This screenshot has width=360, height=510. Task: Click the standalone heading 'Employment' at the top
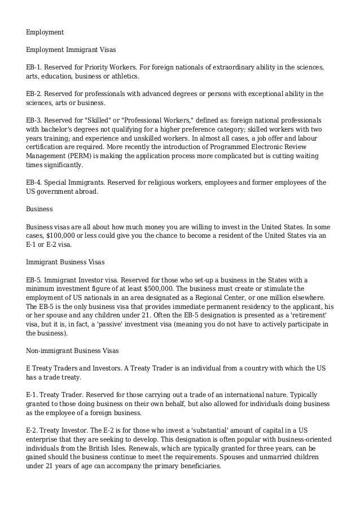pyautogui.click(x=45, y=32)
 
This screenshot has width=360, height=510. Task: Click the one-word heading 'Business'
pyautogui.click(x=39, y=209)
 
